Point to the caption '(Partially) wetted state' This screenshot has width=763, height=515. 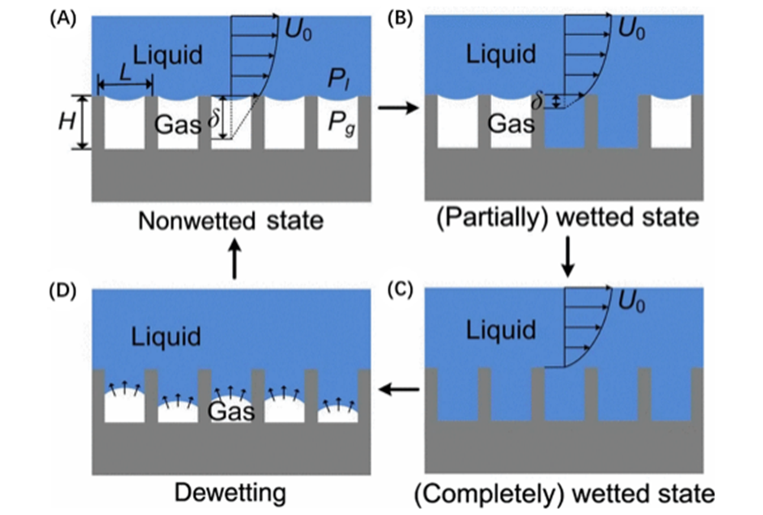[x=568, y=218]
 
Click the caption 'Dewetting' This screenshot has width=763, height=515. [x=230, y=493]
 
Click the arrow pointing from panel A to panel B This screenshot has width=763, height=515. [x=398, y=109]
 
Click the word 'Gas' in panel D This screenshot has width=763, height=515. [x=233, y=411]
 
